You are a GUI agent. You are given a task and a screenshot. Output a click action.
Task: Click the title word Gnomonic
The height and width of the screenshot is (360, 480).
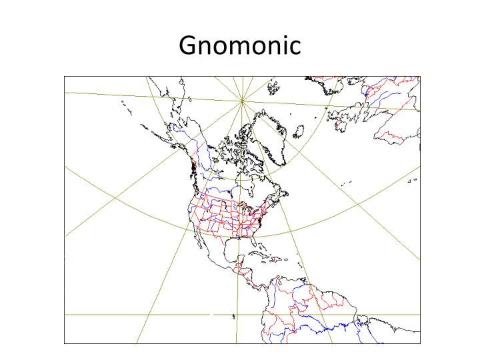(240, 45)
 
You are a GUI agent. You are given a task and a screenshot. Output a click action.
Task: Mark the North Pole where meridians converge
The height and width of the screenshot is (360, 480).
(242, 101)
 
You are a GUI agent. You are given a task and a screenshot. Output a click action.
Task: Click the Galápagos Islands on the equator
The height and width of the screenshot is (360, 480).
(234, 316)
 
